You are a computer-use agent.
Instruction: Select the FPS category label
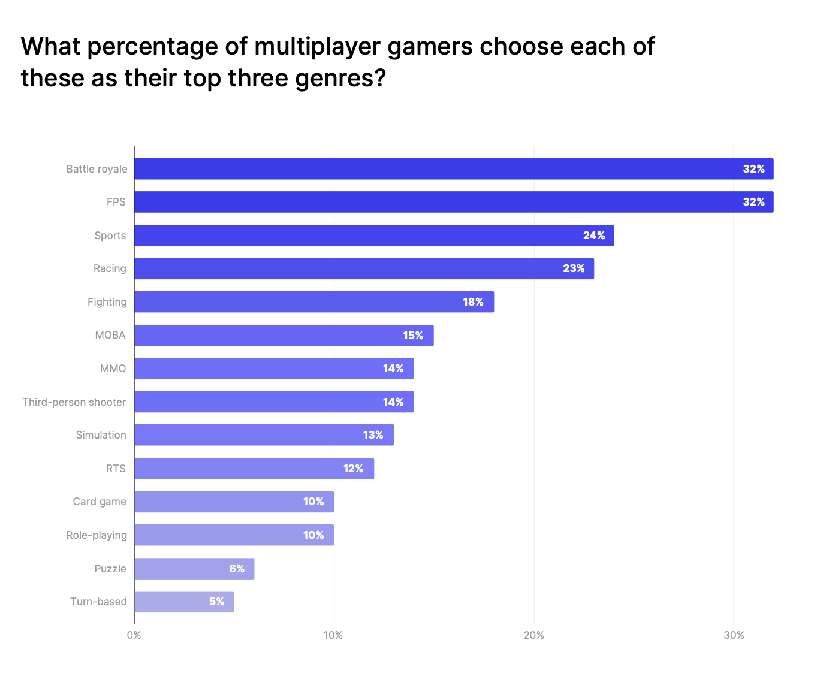116,202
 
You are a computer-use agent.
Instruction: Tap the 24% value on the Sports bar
594,236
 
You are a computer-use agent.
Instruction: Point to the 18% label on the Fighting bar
473,302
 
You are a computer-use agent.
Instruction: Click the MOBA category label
110,335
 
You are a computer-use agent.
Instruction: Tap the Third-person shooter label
74,402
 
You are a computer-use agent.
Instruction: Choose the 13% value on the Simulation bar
373,435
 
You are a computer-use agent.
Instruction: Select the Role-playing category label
97,535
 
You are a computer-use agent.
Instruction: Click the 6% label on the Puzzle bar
237,569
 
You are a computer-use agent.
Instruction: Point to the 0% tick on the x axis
134,635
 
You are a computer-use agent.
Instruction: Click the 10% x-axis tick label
333,635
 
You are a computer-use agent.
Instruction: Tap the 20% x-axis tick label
533,635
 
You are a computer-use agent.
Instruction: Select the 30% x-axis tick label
734,635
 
